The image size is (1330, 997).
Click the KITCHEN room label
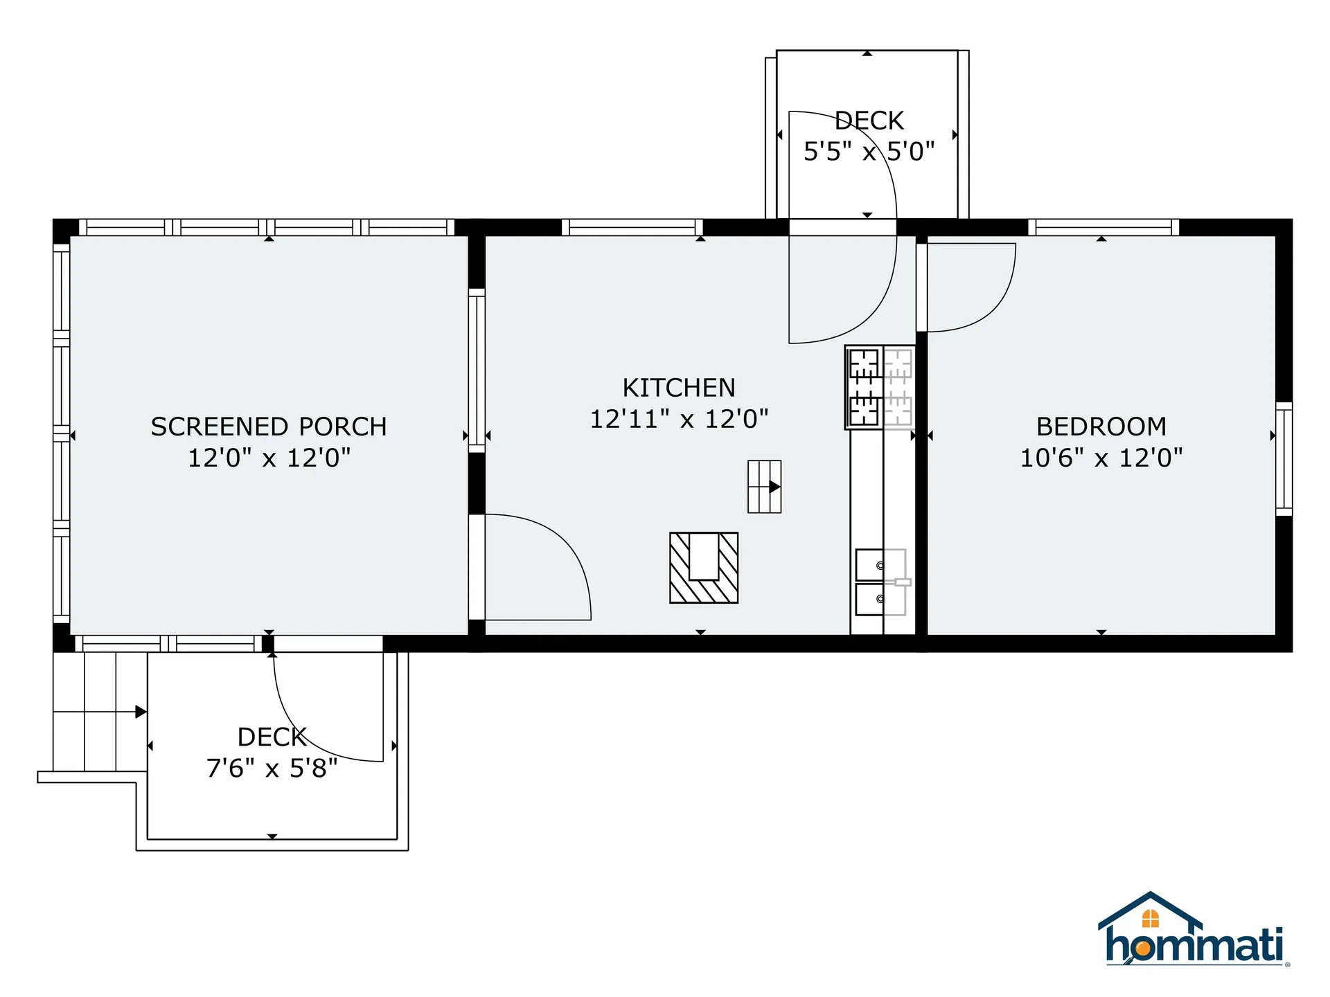[x=679, y=388]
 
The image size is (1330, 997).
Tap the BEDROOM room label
[x=1101, y=426]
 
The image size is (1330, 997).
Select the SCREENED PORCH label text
[x=269, y=426]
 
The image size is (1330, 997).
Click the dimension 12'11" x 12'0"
[x=679, y=419]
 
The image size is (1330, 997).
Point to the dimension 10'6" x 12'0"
[x=1101, y=458]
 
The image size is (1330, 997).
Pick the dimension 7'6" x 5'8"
[x=272, y=768]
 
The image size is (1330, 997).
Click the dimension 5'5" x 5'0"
[x=869, y=151]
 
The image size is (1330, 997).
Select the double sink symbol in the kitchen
[x=880, y=582]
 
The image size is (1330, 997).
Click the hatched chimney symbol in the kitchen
[x=704, y=568]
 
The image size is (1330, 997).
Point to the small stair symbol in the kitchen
[x=764, y=487]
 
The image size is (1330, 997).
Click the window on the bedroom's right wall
[x=1284, y=459]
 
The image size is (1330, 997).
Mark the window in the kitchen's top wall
[x=632, y=227]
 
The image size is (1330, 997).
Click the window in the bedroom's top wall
[x=1103, y=227]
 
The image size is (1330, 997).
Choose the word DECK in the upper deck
[x=869, y=121]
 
